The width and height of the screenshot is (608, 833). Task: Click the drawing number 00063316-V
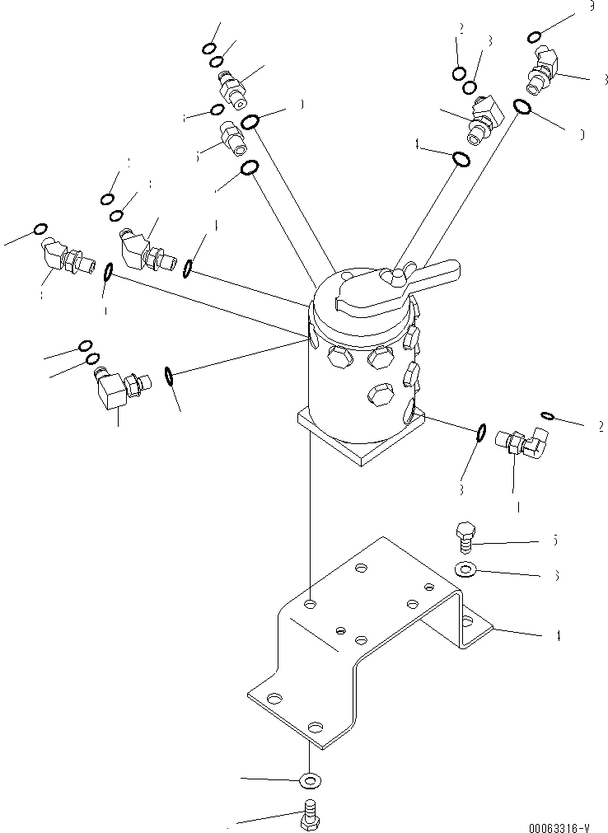(559, 826)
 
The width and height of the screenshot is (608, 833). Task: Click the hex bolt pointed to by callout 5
(464, 536)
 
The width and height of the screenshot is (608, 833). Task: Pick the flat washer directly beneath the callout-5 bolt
(464, 568)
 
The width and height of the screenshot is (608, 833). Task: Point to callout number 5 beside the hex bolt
(555, 541)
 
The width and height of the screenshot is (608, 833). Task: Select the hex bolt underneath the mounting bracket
(311, 815)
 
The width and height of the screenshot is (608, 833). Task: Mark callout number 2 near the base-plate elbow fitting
(601, 426)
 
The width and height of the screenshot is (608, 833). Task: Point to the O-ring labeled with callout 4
(463, 158)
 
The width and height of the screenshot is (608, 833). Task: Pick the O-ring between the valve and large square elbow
(168, 376)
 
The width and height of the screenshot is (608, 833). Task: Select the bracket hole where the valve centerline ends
(311, 604)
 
